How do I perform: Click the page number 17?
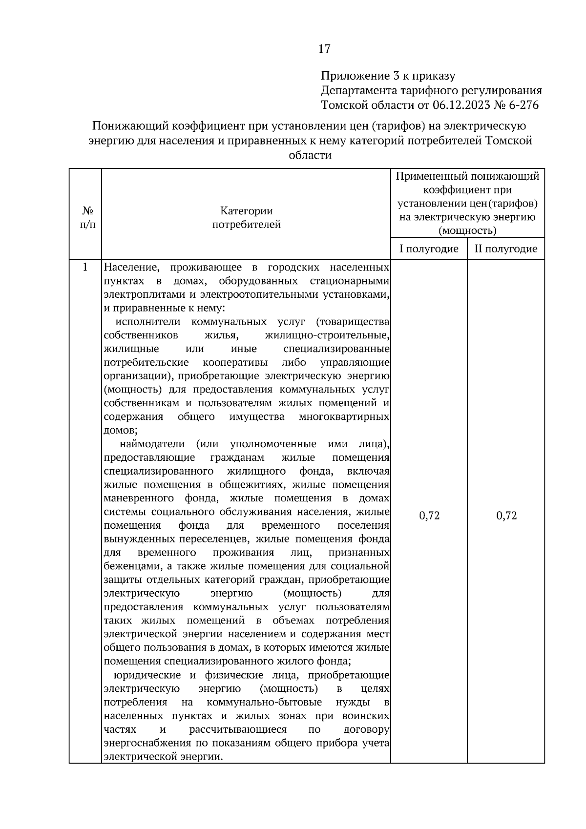click(324, 49)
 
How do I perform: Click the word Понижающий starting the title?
click(130, 126)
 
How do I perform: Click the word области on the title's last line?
click(310, 155)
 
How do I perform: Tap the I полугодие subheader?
click(429, 249)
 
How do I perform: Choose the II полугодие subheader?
click(506, 249)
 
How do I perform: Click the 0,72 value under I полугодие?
click(429, 516)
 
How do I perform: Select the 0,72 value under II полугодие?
click(506, 516)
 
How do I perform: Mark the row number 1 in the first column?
click(85, 267)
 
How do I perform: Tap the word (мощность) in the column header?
click(467, 230)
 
